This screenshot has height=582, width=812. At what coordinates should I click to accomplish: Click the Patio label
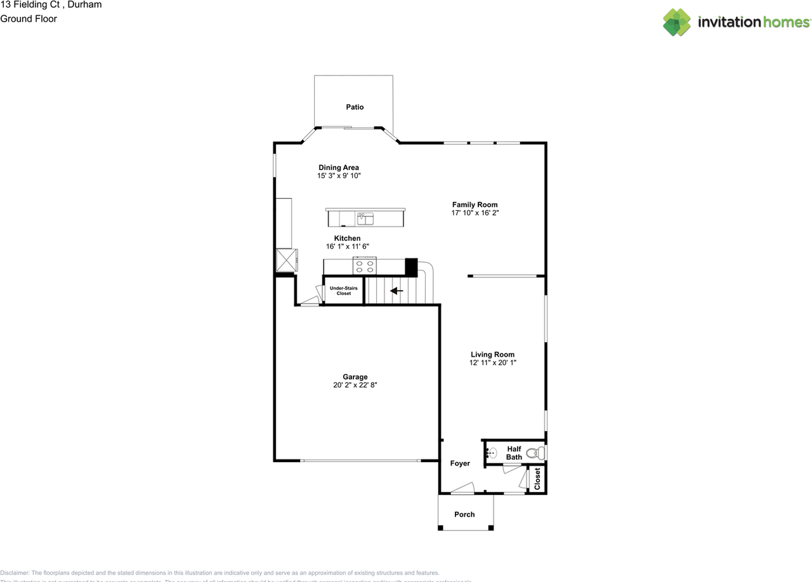click(355, 107)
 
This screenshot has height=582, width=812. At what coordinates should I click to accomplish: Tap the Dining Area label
click(339, 168)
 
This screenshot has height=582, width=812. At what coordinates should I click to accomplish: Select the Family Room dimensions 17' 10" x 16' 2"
click(475, 213)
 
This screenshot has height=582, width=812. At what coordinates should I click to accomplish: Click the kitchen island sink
click(365, 219)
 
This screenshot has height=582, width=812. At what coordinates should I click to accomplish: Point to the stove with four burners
click(365, 266)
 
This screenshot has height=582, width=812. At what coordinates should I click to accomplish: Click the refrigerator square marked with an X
click(286, 260)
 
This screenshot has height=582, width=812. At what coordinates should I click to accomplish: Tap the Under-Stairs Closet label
click(343, 291)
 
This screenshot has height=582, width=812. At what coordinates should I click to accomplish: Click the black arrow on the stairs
click(396, 291)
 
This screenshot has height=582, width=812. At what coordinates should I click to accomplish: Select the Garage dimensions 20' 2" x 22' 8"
click(355, 385)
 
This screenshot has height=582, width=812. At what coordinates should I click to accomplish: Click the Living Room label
click(492, 355)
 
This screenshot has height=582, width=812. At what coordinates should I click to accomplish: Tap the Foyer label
click(460, 463)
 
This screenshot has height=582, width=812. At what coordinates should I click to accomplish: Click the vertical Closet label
click(537, 479)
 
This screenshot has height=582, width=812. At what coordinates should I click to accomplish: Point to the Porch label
click(464, 514)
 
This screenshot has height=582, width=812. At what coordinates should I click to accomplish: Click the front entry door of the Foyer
click(463, 489)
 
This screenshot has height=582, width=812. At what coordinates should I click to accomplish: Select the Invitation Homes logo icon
click(677, 22)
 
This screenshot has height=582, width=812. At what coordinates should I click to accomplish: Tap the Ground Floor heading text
click(29, 18)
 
